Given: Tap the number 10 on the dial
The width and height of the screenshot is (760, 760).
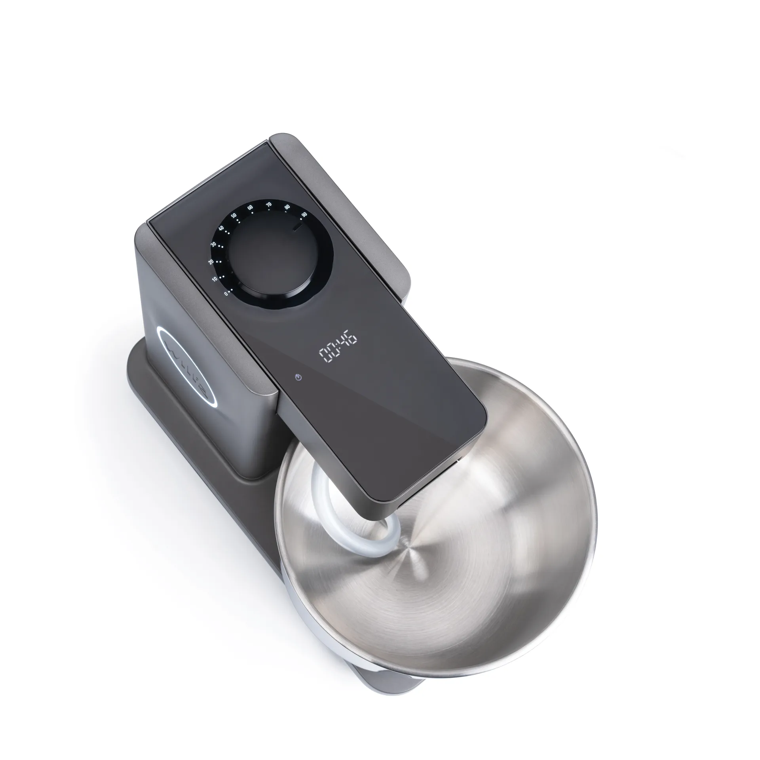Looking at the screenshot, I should [214, 279].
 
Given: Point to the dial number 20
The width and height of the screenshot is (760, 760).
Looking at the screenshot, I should [211, 262].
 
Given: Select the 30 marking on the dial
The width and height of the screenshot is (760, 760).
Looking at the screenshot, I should [213, 244].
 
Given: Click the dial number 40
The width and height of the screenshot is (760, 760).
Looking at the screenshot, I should [221, 228].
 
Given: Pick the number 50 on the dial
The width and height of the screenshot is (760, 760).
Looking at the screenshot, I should [234, 216].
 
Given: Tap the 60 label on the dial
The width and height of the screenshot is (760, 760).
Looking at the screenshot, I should [250, 207].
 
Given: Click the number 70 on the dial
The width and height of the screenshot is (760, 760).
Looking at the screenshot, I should [269, 205].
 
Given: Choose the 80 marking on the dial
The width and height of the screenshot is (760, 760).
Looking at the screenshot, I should [287, 207].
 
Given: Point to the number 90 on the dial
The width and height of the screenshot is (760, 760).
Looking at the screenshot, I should [304, 214].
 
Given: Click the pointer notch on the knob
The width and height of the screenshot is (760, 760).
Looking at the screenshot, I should [297, 227].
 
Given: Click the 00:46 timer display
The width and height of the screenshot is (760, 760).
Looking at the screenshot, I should [338, 350].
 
